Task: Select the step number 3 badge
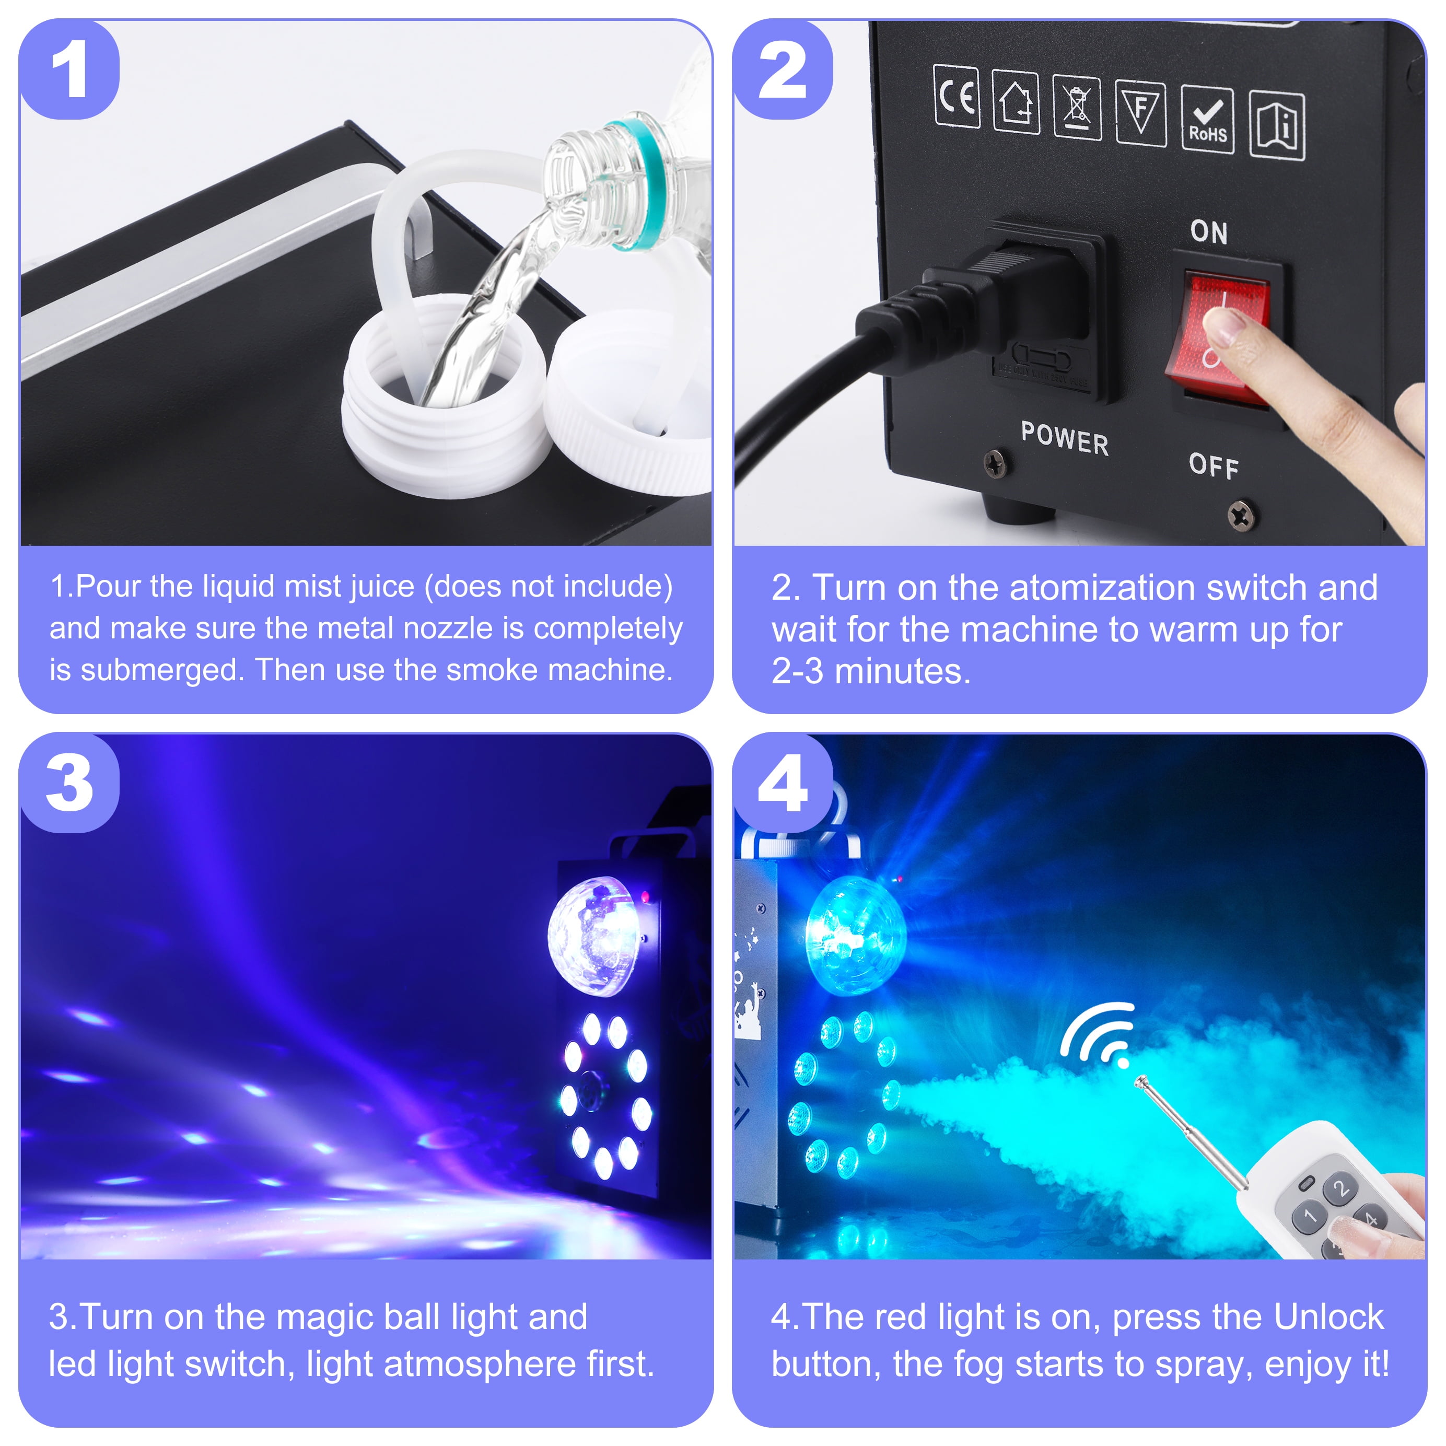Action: point(69,783)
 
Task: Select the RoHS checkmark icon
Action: point(1207,120)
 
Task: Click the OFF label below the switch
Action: point(1213,465)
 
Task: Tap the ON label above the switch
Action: point(1209,232)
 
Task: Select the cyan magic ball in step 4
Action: point(855,936)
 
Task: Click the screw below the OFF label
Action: point(1242,515)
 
